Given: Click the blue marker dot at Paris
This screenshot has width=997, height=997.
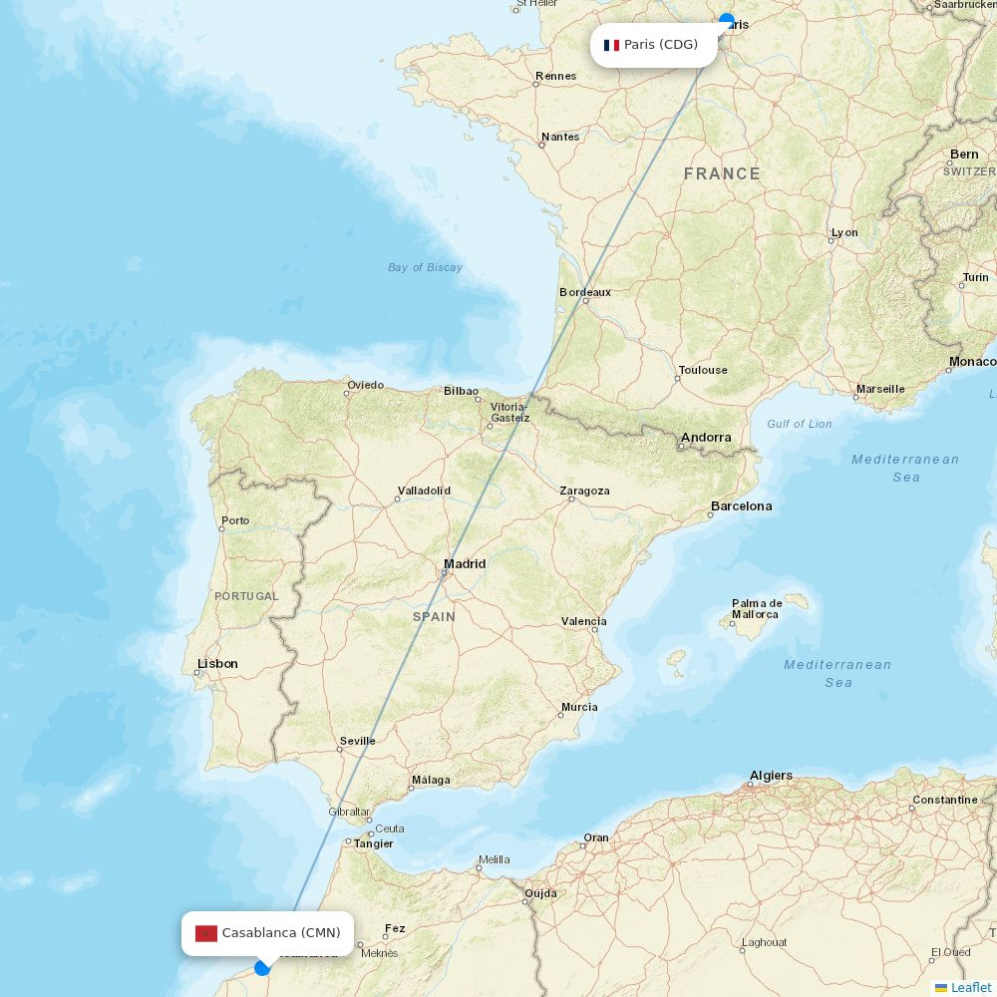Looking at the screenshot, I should click(x=727, y=20).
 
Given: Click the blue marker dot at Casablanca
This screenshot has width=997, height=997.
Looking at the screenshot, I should click(x=262, y=967).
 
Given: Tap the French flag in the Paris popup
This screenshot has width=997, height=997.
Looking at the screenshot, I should click(x=611, y=45).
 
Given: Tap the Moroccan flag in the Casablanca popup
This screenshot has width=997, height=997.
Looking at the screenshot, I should click(x=206, y=933).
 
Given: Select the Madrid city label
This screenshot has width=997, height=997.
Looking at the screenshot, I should click(x=465, y=564).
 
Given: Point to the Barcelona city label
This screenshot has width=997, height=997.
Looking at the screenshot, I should click(x=741, y=506).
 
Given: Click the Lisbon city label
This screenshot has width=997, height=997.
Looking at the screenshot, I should click(x=217, y=664).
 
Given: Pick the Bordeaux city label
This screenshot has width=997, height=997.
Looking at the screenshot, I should click(x=585, y=292).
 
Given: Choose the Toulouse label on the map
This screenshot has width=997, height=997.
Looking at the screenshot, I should click(x=703, y=370).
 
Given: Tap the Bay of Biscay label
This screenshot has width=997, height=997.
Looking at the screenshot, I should click(x=425, y=267).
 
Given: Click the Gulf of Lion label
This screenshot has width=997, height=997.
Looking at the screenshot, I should click(x=799, y=424).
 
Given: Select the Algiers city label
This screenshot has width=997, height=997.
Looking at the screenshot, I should click(x=771, y=776).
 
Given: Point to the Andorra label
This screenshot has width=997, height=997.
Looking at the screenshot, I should click(x=706, y=438).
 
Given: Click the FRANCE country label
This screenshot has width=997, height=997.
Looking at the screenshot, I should click(x=722, y=174).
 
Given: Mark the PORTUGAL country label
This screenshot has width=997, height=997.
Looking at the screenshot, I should click(x=246, y=596).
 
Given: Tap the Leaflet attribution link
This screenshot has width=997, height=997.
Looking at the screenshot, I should click(x=970, y=987).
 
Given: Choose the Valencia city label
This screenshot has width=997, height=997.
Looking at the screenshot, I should click(x=583, y=621).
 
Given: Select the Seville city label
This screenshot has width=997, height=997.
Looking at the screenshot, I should click(x=357, y=741).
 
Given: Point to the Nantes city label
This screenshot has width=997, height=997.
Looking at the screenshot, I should click(x=559, y=137).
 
